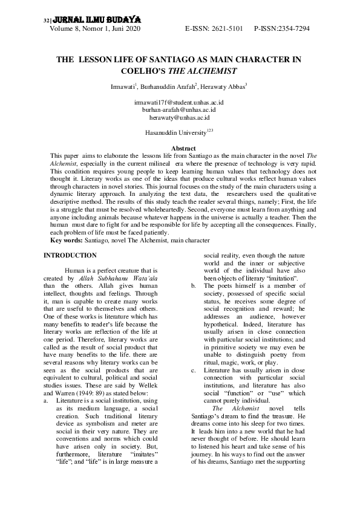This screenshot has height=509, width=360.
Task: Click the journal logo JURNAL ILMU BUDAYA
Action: (x=85, y=19)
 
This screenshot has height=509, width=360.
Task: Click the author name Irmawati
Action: (x=123, y=88)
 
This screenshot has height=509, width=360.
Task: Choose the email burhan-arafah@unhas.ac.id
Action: (x=179, y=111)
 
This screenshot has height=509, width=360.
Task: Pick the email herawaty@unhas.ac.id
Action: (x=179, y=118)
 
